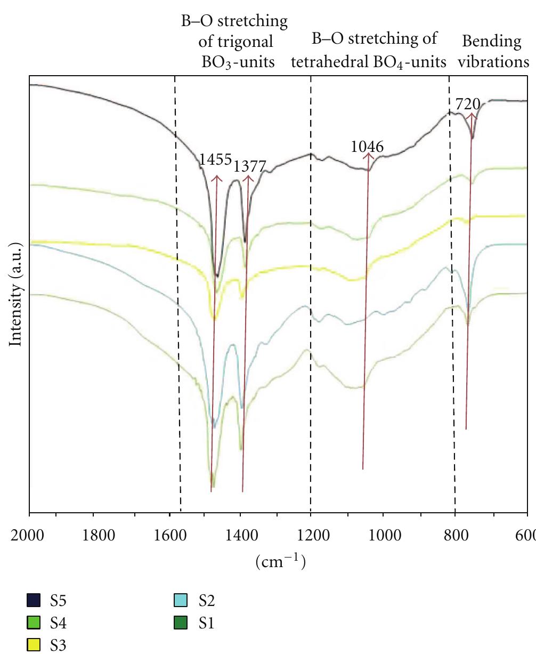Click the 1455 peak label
[x=215, y=159]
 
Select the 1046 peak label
[x=368, y=146]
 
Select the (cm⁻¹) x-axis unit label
[x=280, y=561]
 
